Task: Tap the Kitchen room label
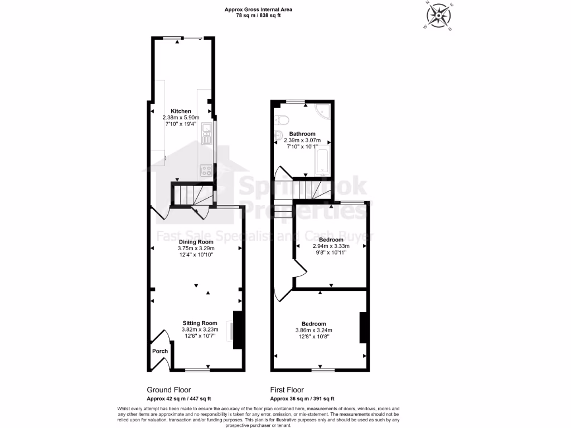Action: pyautogui.click(x=181, y=111)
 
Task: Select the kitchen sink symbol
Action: pyautogui.click(x=207, y=134)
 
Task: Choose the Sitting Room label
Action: pyautogui.click(x=200, y=323)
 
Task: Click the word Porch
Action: pyautogui.click(x=160, y=351)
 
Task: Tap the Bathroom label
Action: pyautogui.click(x=302, y=134)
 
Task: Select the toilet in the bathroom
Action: pyautogui.click(x=280, y=119)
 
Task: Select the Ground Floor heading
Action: pyautogui.click(x=169, y=390)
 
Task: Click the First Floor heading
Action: pyautogui.click(x=287, y=390)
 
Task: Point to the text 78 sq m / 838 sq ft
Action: pyautogui.click(x=258, y=16)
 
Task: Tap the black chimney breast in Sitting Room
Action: pyautogui.click(x=238, y=330)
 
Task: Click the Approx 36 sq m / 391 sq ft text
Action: pyautogui.click(x=302, y=398)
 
